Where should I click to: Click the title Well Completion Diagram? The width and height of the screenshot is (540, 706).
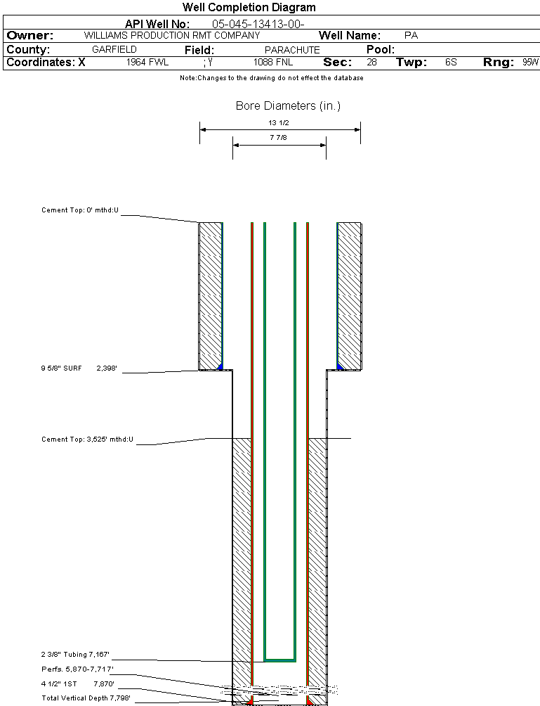point(249,8)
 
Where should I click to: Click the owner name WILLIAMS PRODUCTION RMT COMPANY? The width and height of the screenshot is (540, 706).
point(171,35)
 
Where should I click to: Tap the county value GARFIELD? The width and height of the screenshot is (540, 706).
point(114,50)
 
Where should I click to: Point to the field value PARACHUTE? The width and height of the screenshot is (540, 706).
point(292,50)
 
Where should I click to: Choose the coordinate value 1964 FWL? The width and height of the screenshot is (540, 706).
point(147,63)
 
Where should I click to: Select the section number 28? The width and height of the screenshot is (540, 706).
point(371,63)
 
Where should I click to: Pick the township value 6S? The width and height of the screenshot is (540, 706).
point(451,63)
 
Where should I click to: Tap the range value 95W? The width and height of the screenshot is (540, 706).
point(530,63)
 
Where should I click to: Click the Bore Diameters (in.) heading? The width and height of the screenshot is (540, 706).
point(288,106)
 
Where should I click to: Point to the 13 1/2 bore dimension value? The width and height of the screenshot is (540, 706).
point(279,123)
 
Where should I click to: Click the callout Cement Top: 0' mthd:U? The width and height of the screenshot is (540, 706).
point(81,210)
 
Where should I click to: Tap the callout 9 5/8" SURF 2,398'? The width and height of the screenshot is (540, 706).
point(83,368)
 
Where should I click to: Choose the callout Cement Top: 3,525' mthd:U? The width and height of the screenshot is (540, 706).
point(87,439)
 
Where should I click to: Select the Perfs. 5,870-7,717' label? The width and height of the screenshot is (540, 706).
point(77,669)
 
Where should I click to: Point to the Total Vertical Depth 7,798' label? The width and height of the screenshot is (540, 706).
point(86,698)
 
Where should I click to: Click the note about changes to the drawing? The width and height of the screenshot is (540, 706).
point(271,78)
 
